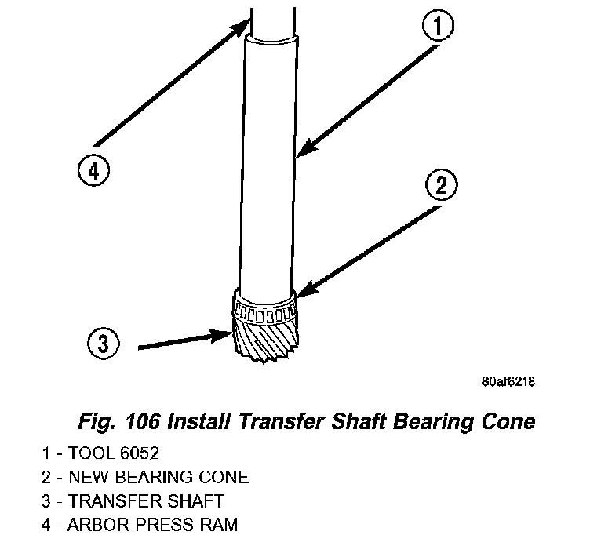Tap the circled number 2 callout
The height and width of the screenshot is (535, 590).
(x=441, y=186)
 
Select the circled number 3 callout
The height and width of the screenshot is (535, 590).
(x=104, y=343)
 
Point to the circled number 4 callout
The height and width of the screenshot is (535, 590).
(x=93, y=169)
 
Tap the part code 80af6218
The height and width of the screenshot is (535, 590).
(x=508, y=382)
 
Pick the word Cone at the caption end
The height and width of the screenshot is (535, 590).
(x=507, y=421)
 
